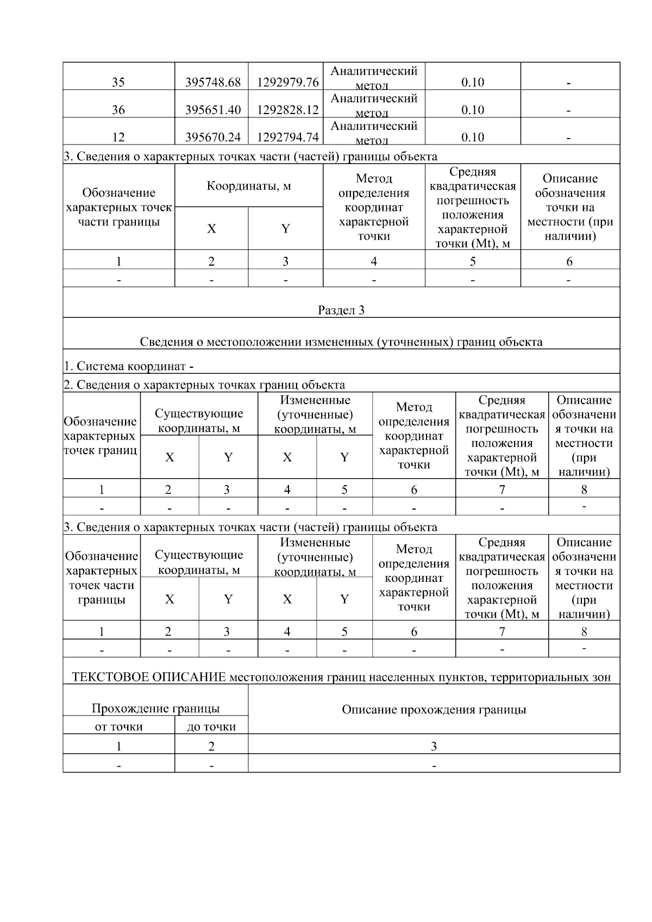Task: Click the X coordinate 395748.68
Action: (212, 82)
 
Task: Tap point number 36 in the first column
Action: (118, 110)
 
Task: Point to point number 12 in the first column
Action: (118, 137)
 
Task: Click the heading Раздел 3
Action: (341, 310)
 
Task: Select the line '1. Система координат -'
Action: (129, 366)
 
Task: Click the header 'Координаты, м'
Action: (248, 186)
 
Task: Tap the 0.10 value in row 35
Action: (472, 82)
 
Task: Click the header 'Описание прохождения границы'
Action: (434, 710)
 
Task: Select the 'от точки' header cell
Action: (118, 726)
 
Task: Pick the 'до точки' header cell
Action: (211, 726)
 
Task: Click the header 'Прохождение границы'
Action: (155, 708)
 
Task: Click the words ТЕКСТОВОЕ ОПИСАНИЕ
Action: (149, 677)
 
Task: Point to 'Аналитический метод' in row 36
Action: (374, 105)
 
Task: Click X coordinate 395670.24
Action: (212, 137)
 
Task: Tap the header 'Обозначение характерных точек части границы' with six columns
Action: (118, 207)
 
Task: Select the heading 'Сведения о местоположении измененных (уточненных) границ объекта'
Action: (341, 342)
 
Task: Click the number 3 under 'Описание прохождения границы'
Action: (434, 746)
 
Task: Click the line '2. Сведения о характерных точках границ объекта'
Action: (204, 385)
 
